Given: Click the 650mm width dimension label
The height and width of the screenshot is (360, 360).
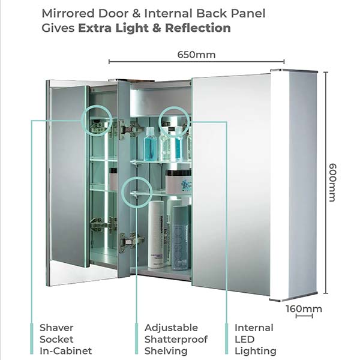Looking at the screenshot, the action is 196,55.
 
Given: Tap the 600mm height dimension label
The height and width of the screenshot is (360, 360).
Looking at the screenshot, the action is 332,182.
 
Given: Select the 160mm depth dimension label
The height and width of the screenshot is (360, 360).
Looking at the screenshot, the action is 304,309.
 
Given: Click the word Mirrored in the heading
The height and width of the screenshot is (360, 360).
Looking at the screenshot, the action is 68,13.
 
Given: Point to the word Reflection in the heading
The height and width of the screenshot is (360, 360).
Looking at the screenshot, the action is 198,28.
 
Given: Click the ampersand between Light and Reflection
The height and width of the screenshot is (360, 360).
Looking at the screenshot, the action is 157,28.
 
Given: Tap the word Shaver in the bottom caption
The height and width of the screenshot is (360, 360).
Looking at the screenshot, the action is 56,328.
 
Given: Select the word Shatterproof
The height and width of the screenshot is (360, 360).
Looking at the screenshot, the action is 176,340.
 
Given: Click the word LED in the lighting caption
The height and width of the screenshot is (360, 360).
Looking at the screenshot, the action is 245,340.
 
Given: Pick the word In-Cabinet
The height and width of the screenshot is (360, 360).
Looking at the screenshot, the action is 65,351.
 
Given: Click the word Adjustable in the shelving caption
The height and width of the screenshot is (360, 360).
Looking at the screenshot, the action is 171,328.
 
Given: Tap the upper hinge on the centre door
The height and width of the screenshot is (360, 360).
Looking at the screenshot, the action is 128,130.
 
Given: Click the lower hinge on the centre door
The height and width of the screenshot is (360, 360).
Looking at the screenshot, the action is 130,242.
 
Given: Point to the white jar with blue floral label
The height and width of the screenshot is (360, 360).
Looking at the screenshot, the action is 178,182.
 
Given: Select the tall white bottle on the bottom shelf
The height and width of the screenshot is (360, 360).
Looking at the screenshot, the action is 156,235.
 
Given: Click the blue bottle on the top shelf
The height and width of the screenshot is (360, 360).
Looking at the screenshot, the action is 151,144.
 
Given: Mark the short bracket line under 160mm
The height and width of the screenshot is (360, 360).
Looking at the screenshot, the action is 304,316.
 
